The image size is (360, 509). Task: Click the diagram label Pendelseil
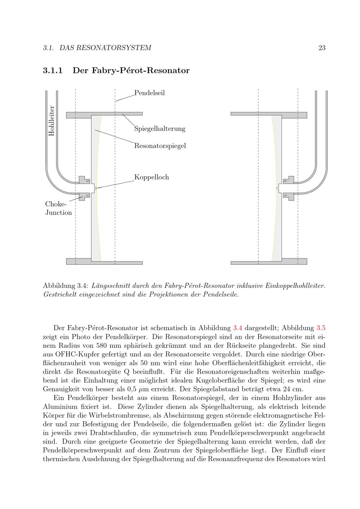149,93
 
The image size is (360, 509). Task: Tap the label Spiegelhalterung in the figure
159,129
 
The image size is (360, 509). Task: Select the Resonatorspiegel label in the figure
160,146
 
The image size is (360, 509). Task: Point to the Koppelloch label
151,177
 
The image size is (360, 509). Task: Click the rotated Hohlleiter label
51,121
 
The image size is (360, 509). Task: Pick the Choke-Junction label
58,208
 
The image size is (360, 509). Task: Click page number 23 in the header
322,48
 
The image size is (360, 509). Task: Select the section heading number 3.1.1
53,71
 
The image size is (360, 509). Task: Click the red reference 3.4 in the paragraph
238,328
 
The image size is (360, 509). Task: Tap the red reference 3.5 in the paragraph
321,328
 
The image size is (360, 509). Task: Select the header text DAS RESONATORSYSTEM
105,48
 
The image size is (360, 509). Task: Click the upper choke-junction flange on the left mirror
84,180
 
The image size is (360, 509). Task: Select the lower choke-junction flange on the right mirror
289,196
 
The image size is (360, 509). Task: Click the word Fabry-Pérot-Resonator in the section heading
131,71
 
